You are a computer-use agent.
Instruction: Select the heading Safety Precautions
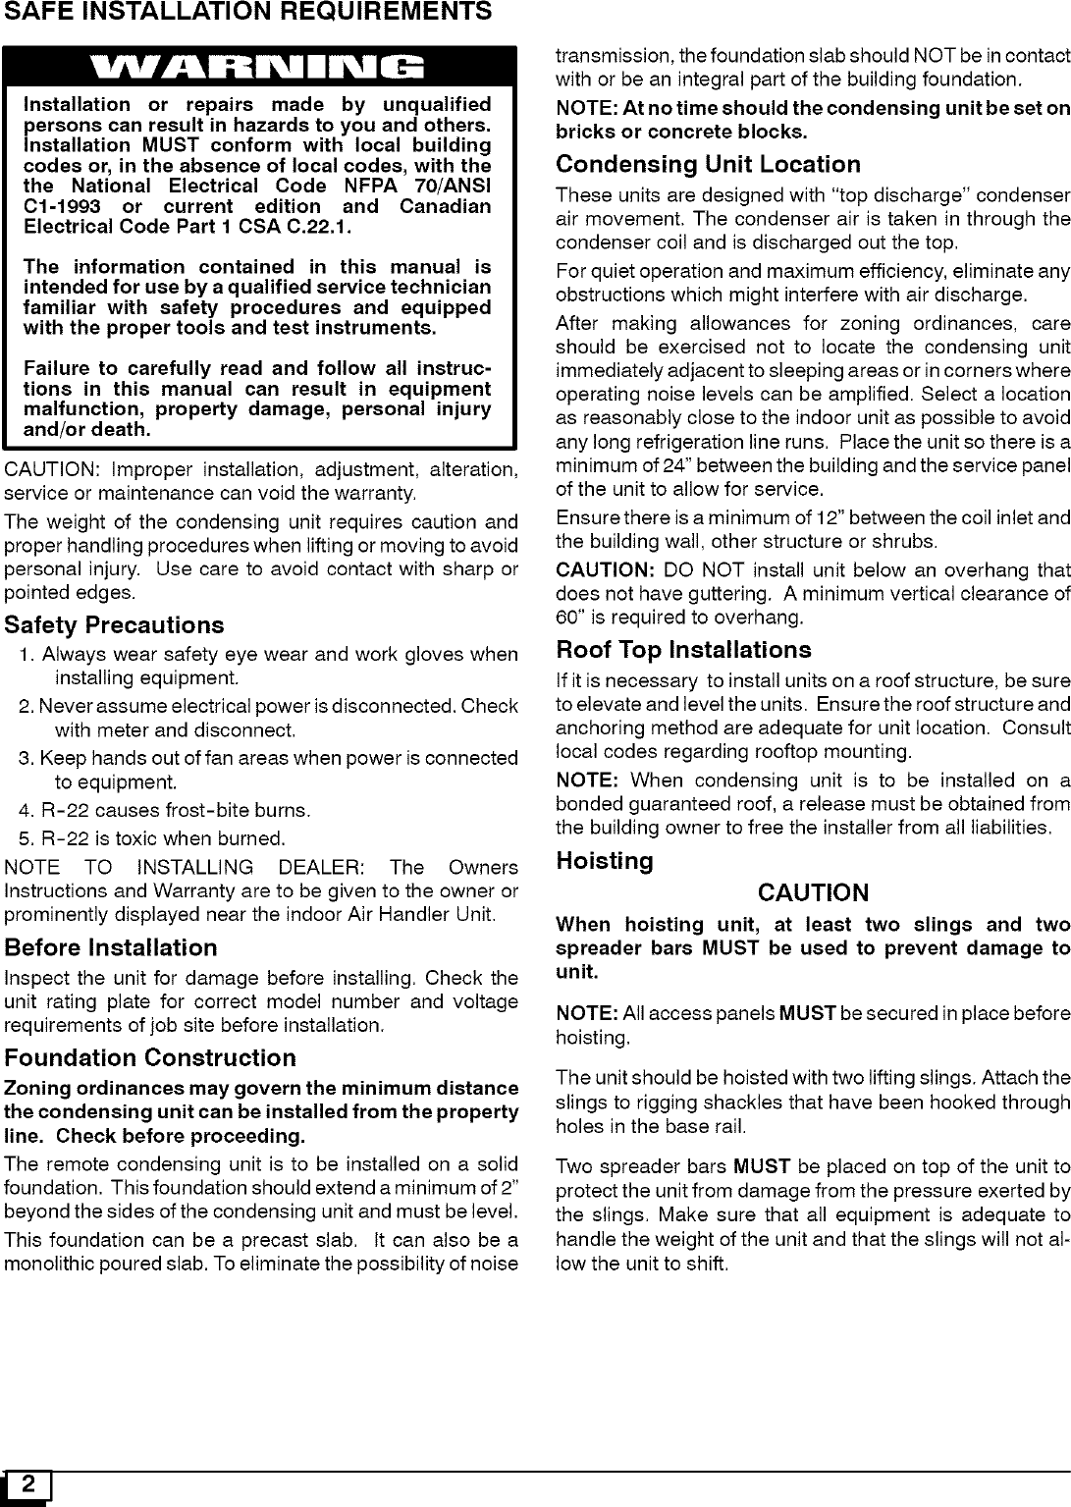114,625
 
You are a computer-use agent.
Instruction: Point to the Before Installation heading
111,947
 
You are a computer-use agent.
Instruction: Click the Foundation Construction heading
150,1057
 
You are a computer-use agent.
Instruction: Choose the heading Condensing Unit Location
708,164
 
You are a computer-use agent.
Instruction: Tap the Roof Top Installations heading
683,650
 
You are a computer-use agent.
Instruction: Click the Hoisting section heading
604,861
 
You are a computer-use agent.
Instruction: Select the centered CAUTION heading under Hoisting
813,892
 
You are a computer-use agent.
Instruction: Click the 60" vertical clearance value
568,617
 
